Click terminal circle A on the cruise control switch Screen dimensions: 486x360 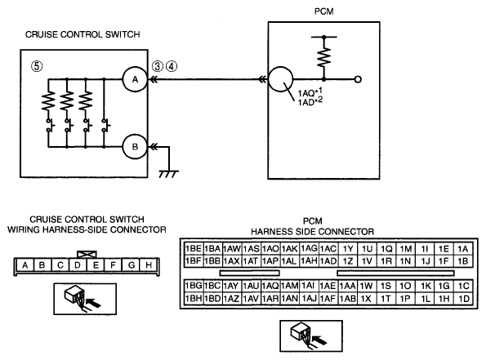135,80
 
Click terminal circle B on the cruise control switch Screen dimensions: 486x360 135,147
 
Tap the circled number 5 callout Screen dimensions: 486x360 37,66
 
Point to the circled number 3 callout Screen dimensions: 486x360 158,66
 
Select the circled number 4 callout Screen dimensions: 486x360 172,66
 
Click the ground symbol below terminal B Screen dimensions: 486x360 168,174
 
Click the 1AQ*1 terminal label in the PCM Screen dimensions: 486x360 310,92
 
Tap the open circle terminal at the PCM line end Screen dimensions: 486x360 358,80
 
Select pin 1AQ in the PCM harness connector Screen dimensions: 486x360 270,286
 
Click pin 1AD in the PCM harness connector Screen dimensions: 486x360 328,261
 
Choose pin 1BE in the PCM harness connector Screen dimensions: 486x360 194,248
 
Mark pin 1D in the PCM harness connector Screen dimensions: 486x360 464,298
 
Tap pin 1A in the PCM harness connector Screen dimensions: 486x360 463,249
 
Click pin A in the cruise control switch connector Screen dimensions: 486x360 25,265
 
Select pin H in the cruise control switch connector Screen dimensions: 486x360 149,265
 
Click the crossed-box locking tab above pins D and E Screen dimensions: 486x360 87,255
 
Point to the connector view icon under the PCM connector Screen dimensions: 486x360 311,336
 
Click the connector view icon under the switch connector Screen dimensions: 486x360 85,299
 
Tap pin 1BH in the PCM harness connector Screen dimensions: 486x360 194,298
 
